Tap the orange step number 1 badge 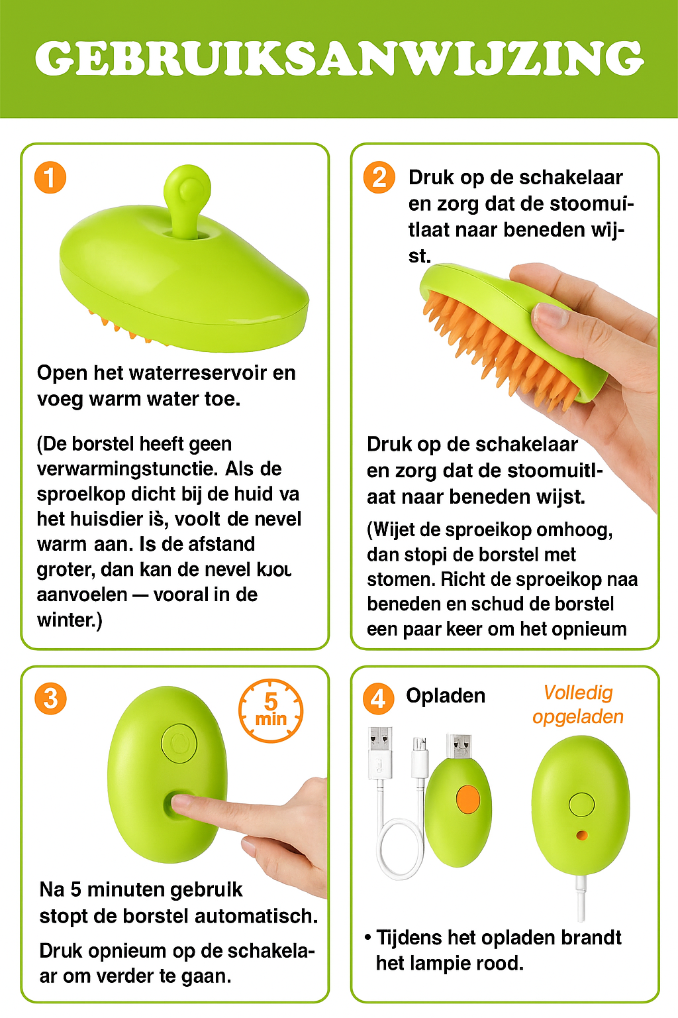pyautogui.click(x=50, y=178)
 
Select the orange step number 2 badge pyautogui.click(x=379, y=178)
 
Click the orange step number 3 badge pyautogui.click(x=50, y=699)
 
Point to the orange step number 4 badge pyautogui.click(x=378, y=699)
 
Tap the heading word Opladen pyautogui.click(x=446, y=695)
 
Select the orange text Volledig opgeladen pyautogui.click(x=578, y=705)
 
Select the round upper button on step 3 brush pyautogui.click(x=179, y=742)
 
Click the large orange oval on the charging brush pyautogui.click(x=468, y=799)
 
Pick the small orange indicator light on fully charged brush pyautogui.click(x=582, y=835)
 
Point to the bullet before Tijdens pyautogui.click(x=367, y=938)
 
